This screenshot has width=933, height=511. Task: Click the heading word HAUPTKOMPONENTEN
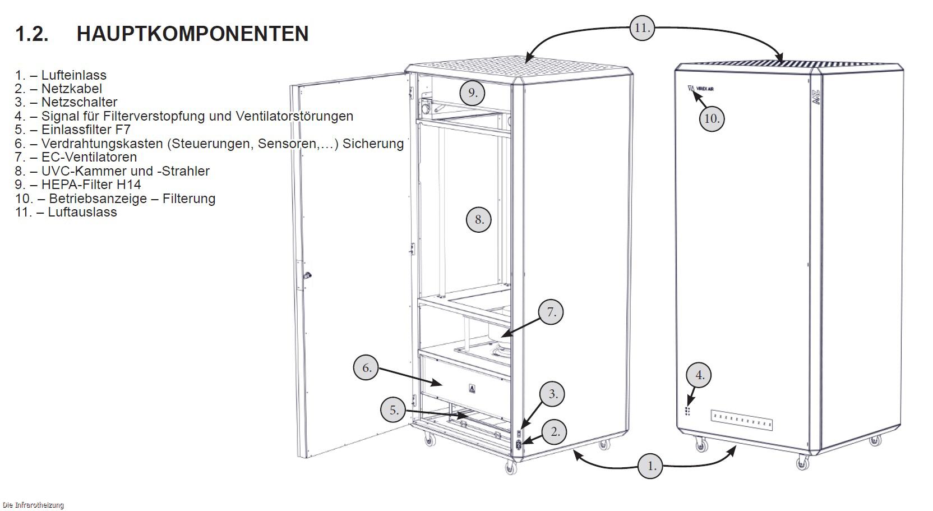click(192, 34)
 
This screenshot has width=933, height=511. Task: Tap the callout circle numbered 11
click(642, 28)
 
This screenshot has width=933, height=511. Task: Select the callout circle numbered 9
click(472, 93)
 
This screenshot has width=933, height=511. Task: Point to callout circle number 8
click(479, 220)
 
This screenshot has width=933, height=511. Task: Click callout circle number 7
click(551, 312)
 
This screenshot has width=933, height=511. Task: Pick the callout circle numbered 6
click(366, 367)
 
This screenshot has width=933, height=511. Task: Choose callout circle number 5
click(393, 410)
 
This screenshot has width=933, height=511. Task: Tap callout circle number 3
click(552, 394)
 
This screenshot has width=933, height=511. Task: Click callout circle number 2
click(555, 432)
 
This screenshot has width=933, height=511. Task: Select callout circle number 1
click(650, 466)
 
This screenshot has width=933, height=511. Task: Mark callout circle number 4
click(699, 375)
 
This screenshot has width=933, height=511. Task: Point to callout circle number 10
click(712, 119)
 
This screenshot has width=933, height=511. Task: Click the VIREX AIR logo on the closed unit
click(700, 89)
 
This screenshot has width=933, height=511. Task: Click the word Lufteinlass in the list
click(73, 75)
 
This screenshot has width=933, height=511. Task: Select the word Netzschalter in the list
click(79, 102)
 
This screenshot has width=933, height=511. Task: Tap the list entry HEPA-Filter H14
click(91, 184)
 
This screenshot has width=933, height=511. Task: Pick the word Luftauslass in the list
click(82, 211)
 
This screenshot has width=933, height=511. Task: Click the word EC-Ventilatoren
click(89, 157)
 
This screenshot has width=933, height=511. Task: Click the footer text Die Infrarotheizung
click(33, 505)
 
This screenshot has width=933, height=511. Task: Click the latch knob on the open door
click(307, 275)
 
